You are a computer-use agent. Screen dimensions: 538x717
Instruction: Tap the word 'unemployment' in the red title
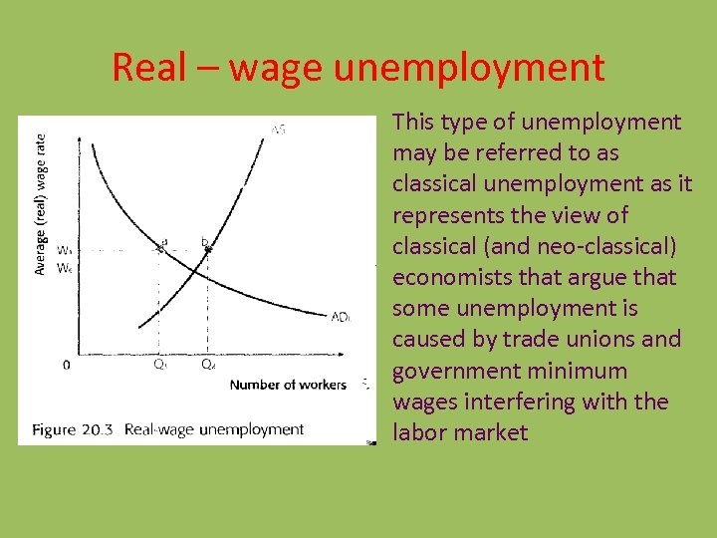(x=469, y=68)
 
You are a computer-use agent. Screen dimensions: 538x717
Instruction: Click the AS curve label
(x=278, y=130)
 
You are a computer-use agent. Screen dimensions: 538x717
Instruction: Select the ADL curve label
(x=341, y=317)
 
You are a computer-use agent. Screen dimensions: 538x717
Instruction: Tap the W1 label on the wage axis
(x=64, y=250)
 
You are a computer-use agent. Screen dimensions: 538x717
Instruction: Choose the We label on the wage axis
(x=64, y=267)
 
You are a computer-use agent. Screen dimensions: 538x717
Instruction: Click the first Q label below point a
(x=159, y=365)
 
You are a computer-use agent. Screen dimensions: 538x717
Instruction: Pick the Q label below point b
(x=207, y=365)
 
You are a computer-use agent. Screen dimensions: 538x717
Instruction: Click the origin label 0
(x=67, y=365)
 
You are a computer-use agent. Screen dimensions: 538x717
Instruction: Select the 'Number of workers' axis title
(x=288, y=385)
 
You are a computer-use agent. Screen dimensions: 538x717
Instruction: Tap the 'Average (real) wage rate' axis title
(x=39, y=204)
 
